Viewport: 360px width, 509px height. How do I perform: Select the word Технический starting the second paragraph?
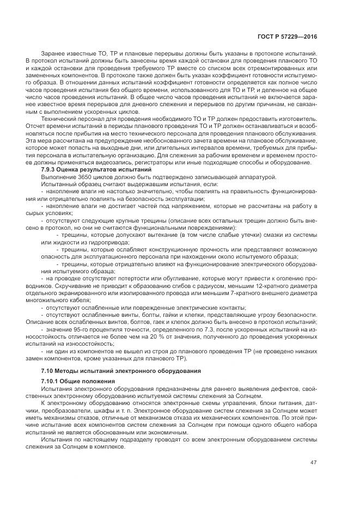[x=57, y=118]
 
